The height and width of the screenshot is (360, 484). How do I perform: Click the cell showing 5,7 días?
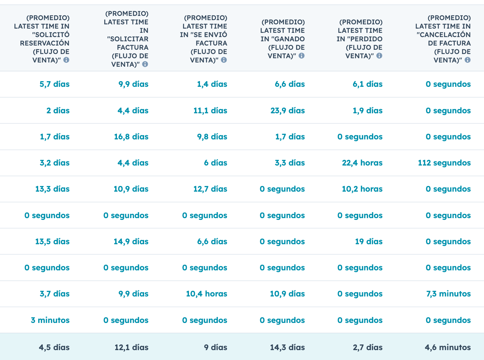54,84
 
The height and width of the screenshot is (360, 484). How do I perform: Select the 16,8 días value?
131,137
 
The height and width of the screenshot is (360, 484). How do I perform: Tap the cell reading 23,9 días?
288,111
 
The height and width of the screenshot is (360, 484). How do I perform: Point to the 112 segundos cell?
444,163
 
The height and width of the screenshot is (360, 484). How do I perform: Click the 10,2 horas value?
362,189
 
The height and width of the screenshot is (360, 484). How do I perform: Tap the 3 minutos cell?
50,320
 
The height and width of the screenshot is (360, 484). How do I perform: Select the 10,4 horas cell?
207,294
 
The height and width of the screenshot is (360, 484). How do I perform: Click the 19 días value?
368,242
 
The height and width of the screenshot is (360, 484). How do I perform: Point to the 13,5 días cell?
52,242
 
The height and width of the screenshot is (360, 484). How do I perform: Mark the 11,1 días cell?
210,111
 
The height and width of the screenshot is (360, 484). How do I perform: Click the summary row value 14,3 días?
287,348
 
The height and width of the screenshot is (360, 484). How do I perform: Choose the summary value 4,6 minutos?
448,348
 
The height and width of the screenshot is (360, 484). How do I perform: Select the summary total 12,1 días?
131,348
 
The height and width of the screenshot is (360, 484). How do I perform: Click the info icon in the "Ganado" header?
301,56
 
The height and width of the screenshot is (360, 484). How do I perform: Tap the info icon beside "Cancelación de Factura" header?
467,60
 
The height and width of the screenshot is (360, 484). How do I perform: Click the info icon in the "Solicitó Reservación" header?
66,60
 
